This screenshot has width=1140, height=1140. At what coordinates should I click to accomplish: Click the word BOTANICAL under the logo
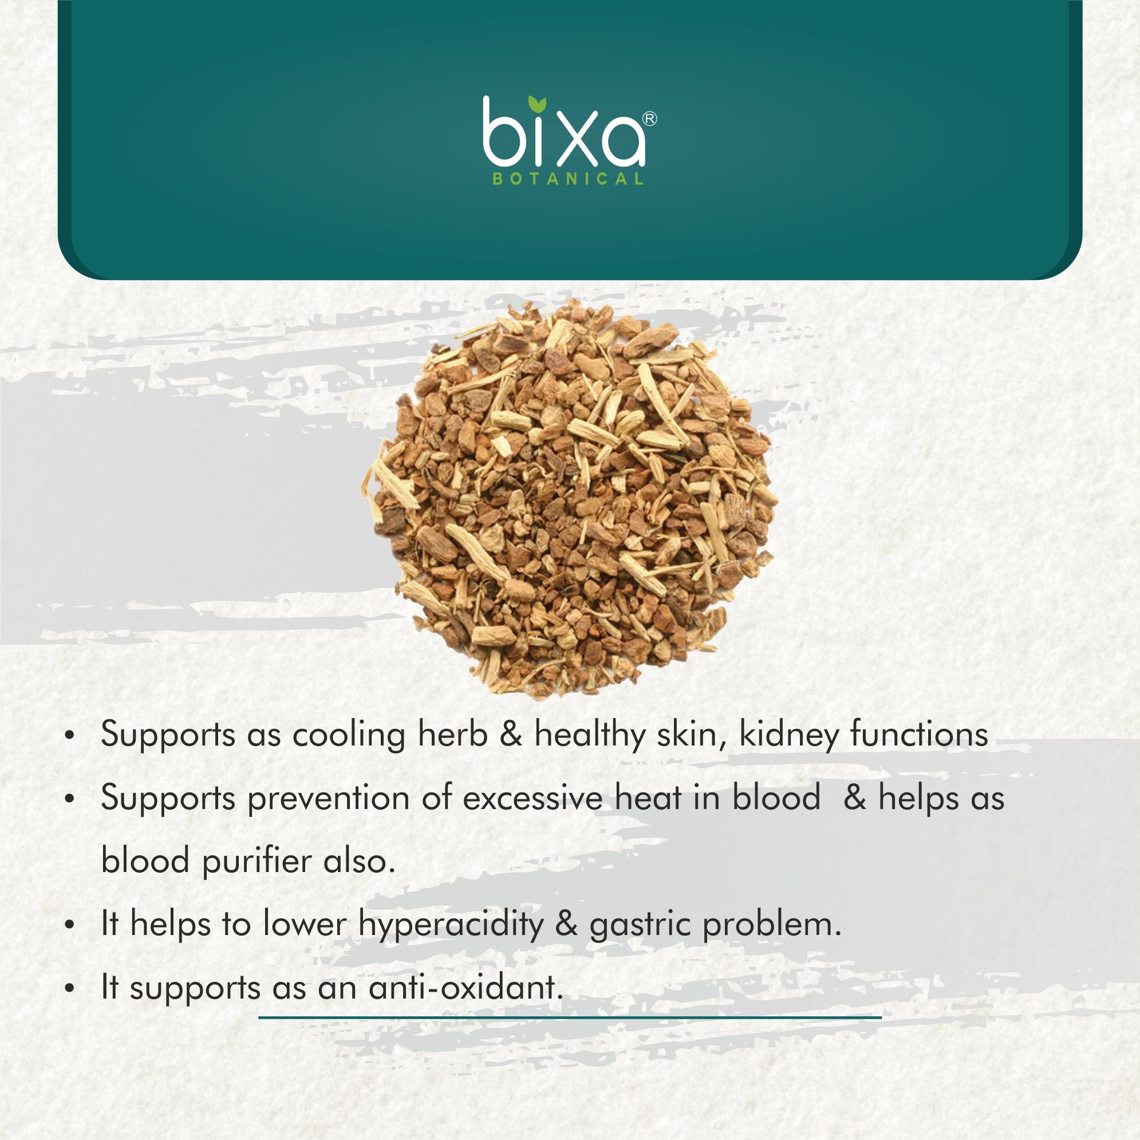point(567,179)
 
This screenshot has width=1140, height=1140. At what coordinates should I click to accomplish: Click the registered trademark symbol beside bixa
point(649,119)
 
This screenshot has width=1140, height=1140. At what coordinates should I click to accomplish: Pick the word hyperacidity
point(451,925)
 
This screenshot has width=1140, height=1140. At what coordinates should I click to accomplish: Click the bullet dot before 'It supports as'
point(70,988)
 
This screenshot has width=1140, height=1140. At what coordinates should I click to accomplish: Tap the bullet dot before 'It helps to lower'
point(70,926)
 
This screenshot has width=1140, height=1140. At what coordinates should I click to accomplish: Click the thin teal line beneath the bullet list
point(570,1017)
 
